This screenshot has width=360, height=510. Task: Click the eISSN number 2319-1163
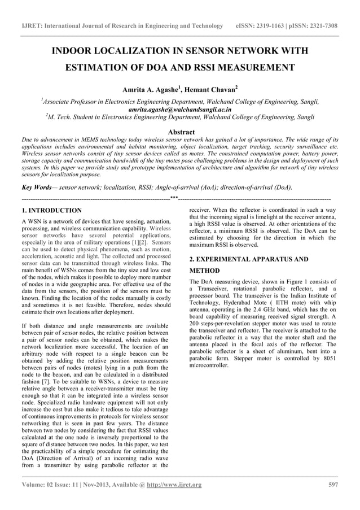tap(269, 26)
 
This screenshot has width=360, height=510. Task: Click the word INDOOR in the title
tap(74, 51)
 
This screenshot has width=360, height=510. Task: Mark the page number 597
tap(332, 485)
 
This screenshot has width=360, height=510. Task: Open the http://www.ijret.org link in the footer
tap(174, 485)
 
